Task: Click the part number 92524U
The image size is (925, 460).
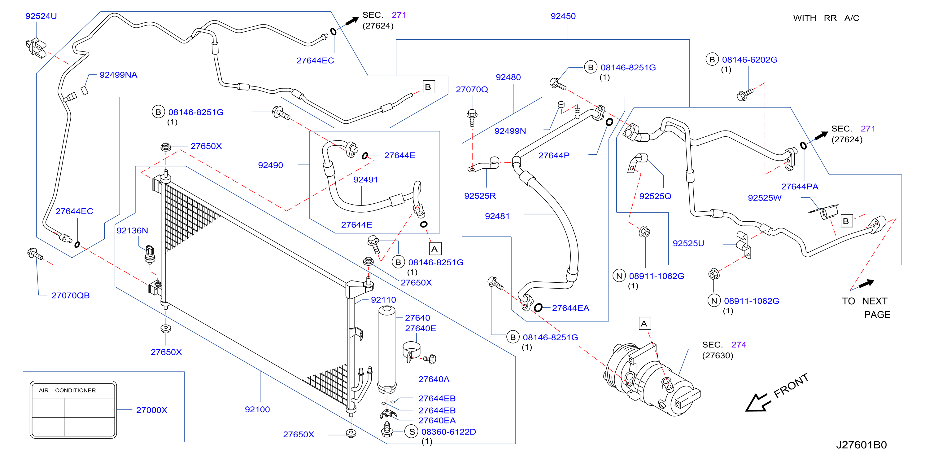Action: (41, 16)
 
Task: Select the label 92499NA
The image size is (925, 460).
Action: (119, 75)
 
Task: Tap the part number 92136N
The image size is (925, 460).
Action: (132, 231)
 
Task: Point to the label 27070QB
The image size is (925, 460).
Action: (71, 295)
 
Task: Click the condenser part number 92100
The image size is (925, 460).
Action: (257, 409)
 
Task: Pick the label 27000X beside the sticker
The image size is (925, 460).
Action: (151, 410)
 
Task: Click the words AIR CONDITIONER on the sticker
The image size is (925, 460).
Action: (67, 390)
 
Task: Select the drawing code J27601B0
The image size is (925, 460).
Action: (861, 445)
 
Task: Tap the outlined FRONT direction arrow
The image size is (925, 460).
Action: (758, 403)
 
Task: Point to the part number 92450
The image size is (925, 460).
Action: (563, 16)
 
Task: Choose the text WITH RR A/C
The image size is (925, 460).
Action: (826, 18)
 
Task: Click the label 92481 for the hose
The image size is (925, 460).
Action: (497, 216)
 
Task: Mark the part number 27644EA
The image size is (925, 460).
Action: (571, 308)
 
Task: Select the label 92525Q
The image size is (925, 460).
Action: (655, 196)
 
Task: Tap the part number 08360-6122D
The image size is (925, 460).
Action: (448, 432)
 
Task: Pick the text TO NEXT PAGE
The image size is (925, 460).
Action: (866, 308)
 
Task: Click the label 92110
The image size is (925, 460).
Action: (383, 300)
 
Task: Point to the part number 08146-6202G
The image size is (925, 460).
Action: (749, 60)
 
